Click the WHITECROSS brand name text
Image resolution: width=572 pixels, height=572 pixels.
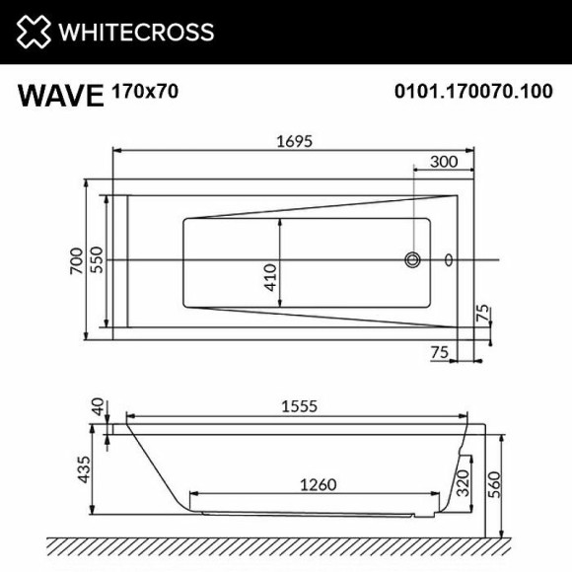[x=135, y=32]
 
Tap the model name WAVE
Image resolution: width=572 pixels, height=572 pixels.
[x=60, y=96]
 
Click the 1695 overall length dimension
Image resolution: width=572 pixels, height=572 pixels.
[x=293, y=141]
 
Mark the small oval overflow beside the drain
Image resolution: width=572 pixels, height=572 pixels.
[x=449, y=260]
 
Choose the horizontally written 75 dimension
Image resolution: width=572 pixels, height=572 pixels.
[x=442, y=351]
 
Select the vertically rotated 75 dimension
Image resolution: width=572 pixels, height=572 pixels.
[x=483, y=315]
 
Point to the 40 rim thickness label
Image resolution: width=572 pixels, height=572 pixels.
[x=97, y=407]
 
